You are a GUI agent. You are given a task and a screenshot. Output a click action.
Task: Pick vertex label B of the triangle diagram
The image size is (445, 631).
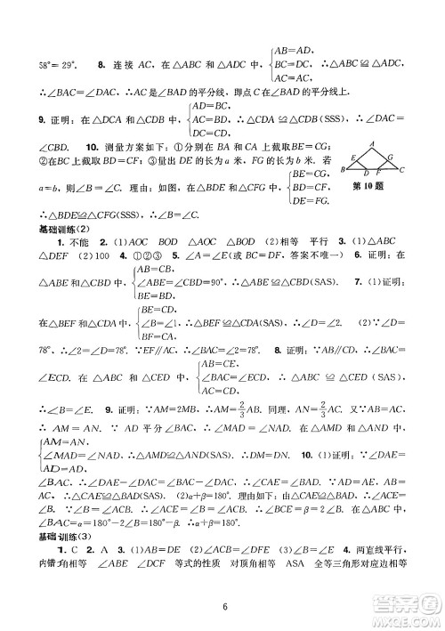(x=344, y=170)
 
